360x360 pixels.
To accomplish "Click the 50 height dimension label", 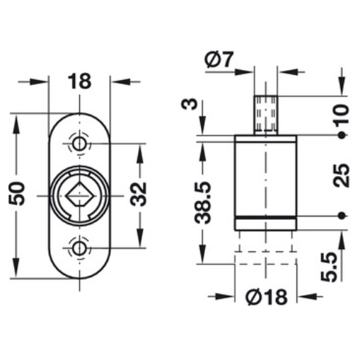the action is [x=17, y=193].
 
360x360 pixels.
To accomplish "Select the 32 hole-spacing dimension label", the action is [x=139, y=194].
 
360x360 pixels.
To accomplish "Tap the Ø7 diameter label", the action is [x=219, y=59].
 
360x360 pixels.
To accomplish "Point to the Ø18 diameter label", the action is [x=267, y=297].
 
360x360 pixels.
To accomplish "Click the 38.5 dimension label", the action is [x=202, y=203].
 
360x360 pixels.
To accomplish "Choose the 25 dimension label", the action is [x=342, y=175].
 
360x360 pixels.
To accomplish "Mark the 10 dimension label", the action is [x=342, y=115].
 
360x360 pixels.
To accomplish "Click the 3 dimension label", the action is [x=189, y=104].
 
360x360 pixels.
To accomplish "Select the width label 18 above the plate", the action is [x=79, y=81].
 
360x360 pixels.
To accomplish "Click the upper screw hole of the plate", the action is [x=79, y=144].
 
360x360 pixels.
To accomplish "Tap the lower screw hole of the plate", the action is [x=79, y=248].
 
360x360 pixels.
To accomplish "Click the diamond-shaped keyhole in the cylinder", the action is [x=80, y=194].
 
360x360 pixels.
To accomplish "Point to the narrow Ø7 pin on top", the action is [x=266, y=115].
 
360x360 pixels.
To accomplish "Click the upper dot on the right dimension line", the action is [x=342, y=135].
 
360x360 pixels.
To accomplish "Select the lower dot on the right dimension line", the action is [x=342, y=215].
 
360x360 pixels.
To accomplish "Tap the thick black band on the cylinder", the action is [x=266, y=217].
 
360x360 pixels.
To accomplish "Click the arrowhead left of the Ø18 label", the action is [x=226, y=296].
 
